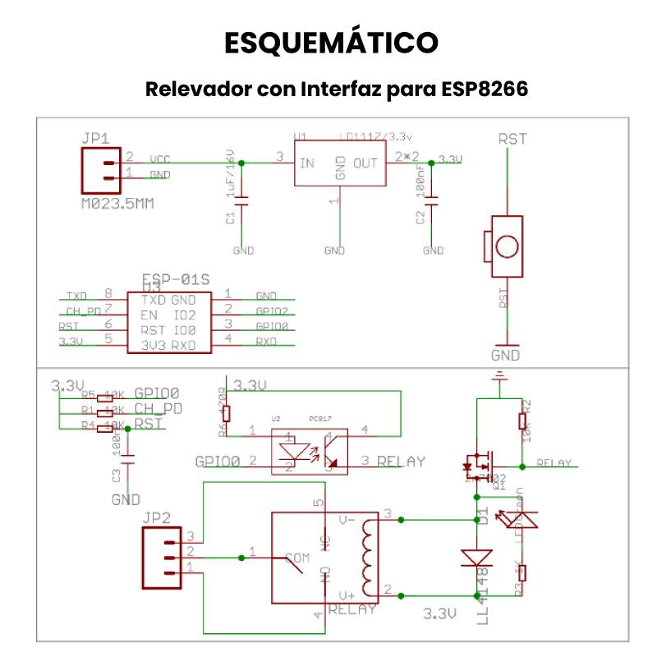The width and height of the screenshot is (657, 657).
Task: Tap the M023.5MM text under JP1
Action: point(117,202)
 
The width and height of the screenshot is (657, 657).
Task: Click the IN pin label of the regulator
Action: point(306,163)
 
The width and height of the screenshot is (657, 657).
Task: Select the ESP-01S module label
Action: point(176,279)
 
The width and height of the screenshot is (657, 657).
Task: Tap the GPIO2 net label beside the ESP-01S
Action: point(272,311)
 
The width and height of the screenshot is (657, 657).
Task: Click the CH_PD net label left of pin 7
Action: point(83,311)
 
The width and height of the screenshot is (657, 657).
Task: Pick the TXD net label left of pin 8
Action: point(76,296)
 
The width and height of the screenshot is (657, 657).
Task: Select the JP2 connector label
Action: point(156,517)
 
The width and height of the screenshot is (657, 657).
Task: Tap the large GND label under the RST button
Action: point(505,356)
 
